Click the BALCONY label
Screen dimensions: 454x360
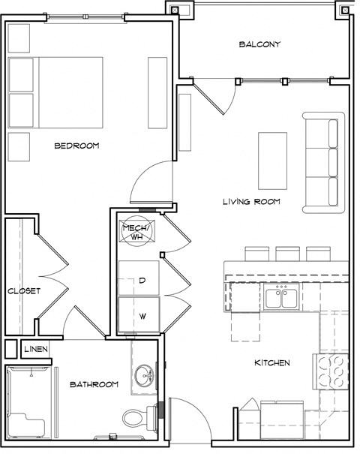[259, 44]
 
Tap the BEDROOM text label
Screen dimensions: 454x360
[76, 146]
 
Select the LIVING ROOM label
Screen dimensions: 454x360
[251, 201]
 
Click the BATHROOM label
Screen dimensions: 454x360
[94, 384]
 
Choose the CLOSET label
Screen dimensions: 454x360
[23, 290]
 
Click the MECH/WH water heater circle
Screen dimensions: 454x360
[137, 232]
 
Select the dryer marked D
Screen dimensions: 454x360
[139, 280]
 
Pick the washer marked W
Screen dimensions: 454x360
[139, 314]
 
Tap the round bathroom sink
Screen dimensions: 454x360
[143, 374]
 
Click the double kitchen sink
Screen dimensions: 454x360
[282, 299]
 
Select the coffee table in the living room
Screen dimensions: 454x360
[273, 160]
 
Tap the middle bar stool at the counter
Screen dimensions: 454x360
[287, 254]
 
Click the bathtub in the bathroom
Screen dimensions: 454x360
[31, 401]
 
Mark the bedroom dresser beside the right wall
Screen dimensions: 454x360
[157, 92]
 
